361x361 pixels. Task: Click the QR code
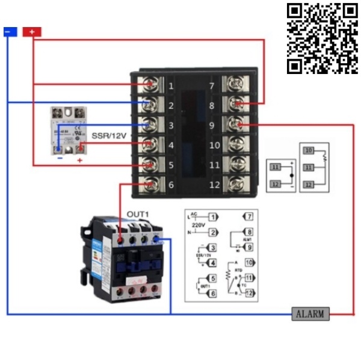322,39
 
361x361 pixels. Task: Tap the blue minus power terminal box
10,32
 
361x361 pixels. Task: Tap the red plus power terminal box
32,32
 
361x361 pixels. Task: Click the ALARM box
310,313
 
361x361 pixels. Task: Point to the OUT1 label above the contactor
138,214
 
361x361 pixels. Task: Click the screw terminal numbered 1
149,85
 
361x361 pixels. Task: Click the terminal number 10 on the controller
214,145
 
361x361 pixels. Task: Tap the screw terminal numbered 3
149,125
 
